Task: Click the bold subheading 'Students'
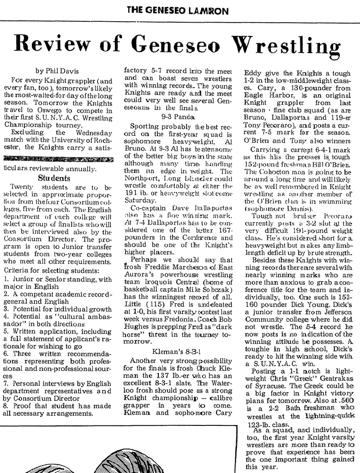(54, 177)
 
